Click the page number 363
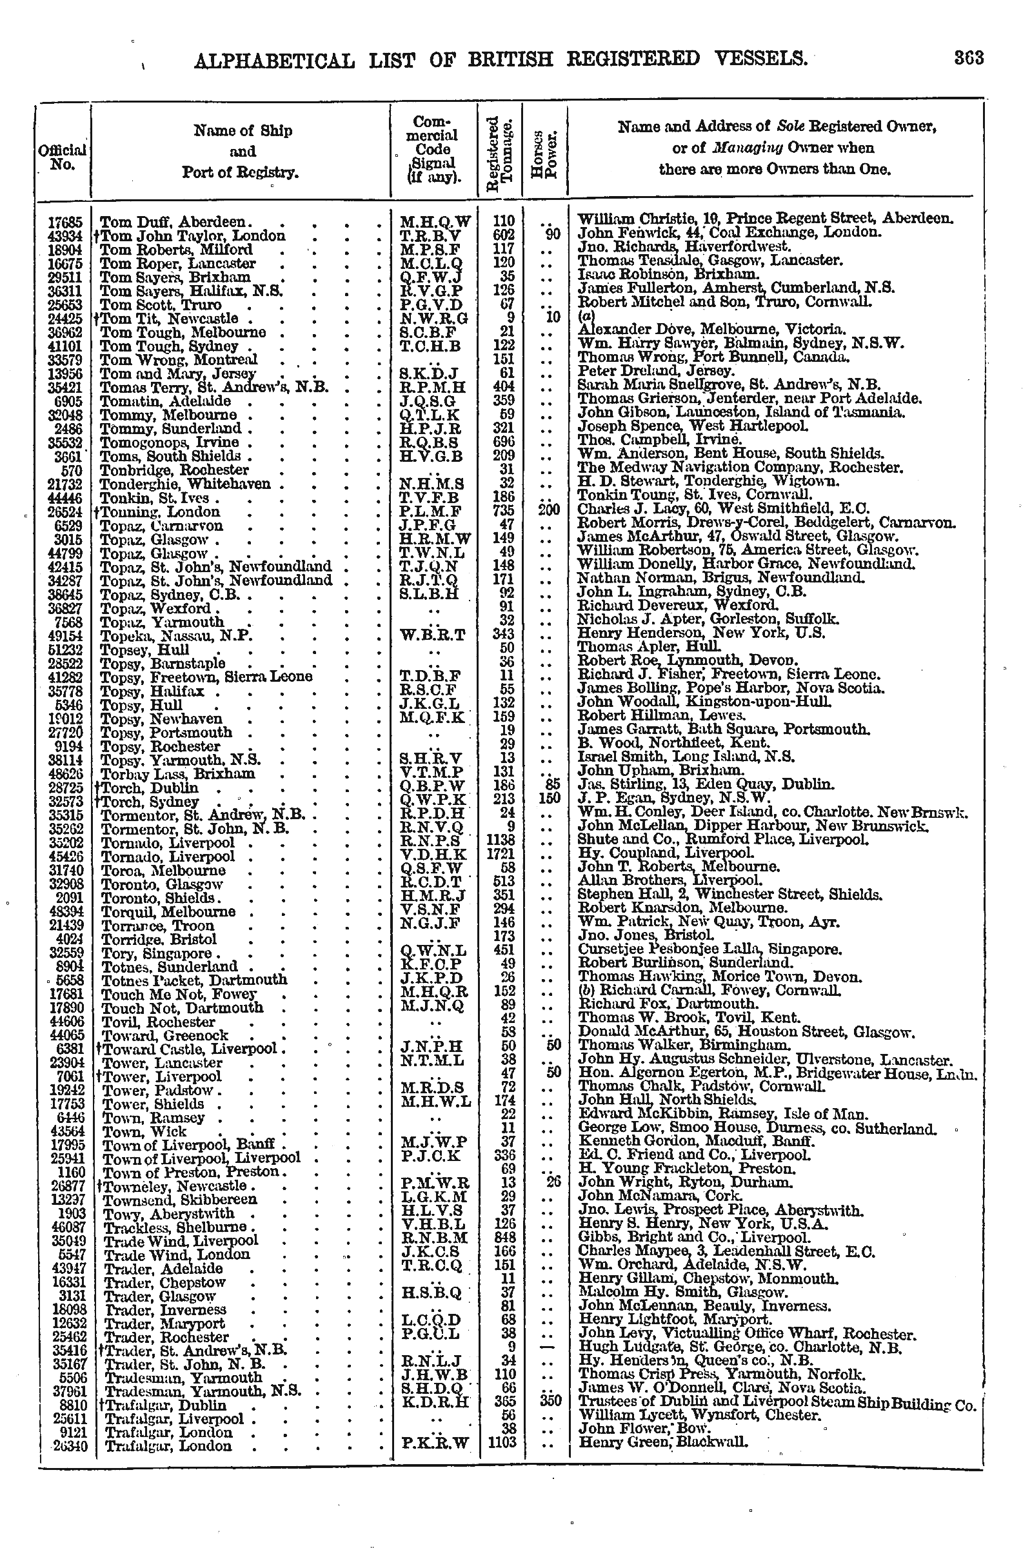point(969,59)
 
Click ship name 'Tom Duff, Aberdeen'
point(173,222)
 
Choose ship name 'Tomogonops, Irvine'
point(169,442)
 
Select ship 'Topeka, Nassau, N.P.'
point(176,636)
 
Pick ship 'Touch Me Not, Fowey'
point(179,994)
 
